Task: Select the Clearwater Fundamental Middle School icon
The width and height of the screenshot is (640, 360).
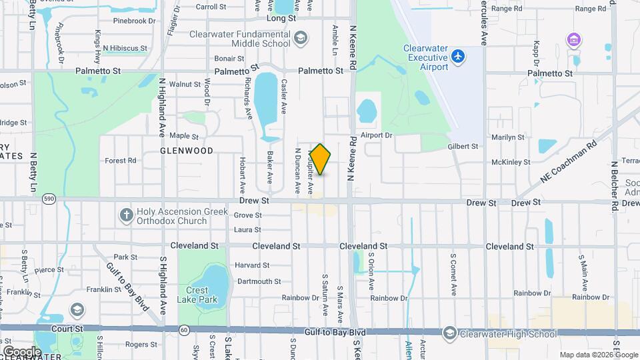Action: (301, 37)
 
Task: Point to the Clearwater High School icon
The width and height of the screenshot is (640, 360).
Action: (450, 333)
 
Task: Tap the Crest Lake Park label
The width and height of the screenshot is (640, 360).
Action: (197, 295)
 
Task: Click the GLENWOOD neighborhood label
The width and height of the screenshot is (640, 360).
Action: (187, 151)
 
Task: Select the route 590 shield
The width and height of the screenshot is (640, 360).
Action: (48, 199)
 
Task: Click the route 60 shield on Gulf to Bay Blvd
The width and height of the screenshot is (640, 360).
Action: (185, 330)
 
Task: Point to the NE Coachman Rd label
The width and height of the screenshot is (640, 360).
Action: (569, 163)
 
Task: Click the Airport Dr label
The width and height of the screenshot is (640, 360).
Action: (377, 135)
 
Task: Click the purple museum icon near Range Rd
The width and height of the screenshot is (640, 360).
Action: (573, 40)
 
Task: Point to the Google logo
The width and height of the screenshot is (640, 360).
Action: (21, 351)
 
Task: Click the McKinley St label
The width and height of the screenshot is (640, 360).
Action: (510, 162)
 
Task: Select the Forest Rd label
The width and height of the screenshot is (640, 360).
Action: (121, 161)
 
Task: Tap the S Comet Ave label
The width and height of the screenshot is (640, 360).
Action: (453, 275)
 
